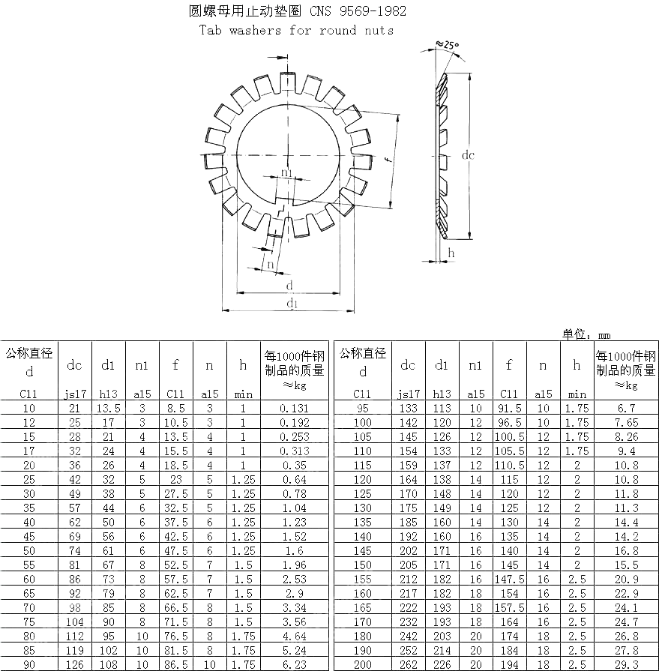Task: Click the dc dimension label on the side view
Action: [x=468, y=156]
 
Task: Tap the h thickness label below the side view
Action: [x=451, y=253]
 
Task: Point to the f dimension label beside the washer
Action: [x=385, y=160]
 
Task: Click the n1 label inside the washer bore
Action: [x=287, y=173]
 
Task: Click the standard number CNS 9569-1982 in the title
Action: [x=363, y=10]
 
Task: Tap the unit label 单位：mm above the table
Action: [x=586, y=335]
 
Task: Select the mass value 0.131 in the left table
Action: [x=293, y=408]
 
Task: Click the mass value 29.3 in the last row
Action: [x=625, y=664]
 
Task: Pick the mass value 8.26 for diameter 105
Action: [x=625, y=436]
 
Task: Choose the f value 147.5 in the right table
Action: [x=509, y=579]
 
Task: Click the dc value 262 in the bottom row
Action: [x=408, y=664]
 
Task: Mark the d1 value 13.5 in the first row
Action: [x=108, y=408]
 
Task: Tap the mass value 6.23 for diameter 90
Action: [x=293, y=664]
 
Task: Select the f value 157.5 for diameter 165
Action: [x=509, y=607]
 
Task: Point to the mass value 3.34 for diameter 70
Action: [x=293, y=607]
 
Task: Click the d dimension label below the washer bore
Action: [x=289, y=286]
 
